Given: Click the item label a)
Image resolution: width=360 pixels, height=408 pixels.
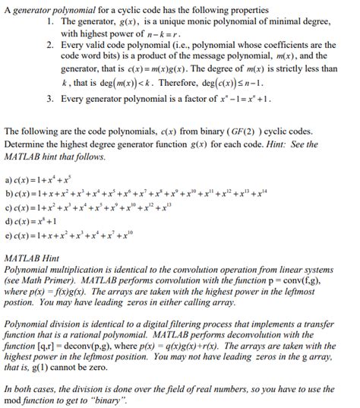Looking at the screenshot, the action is click(8, 180).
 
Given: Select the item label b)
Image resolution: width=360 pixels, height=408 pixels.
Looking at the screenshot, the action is click(8, 195).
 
